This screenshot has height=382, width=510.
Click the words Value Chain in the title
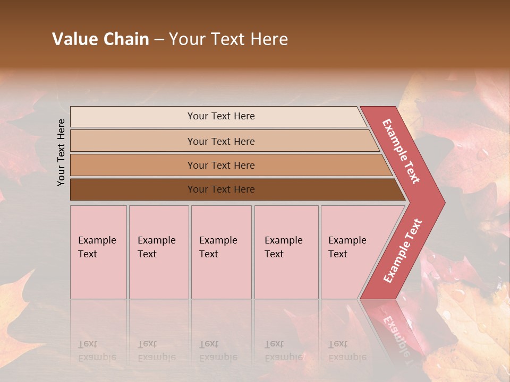point(100,39)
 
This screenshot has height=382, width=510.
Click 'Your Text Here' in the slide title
point(228,39)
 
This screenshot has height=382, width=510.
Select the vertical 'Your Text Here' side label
point(62,152)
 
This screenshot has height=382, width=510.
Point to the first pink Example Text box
point(98,252)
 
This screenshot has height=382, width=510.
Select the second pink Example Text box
point(159,252)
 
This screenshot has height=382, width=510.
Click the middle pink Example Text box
point(221,252)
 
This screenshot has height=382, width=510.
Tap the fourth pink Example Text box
point(286,252)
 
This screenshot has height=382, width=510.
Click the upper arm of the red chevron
point(401,151)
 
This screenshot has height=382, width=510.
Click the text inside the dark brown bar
point(221,189)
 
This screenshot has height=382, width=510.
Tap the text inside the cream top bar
point(221,116)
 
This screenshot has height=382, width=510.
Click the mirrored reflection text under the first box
point(97,351)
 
